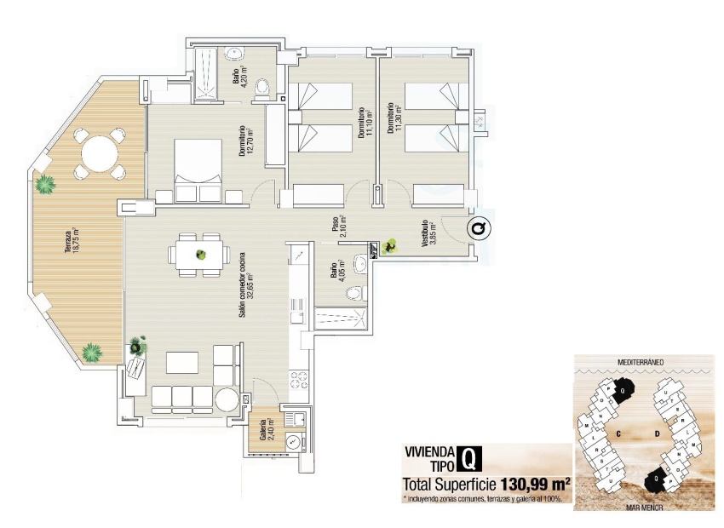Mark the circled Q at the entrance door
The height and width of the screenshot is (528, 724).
click(479, 228)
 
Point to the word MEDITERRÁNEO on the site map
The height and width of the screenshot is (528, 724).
click(641, 362)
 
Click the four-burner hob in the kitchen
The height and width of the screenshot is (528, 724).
click(298, 378)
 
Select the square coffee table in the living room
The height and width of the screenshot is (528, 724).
click(182, 363)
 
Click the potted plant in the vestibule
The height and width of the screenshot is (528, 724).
click(391, 247)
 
